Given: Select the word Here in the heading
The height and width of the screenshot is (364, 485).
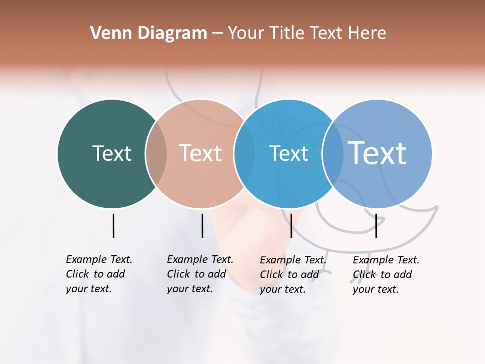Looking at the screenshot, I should [368, 33].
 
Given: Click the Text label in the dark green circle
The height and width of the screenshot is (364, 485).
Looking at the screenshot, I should [112, 153].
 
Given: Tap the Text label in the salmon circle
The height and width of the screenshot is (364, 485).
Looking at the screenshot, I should [201, 153].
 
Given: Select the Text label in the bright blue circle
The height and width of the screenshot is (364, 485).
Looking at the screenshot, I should [288, 154].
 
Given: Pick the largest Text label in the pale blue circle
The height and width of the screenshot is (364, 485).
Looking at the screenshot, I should [377, 153].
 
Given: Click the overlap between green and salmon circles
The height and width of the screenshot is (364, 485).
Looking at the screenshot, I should [156, 154].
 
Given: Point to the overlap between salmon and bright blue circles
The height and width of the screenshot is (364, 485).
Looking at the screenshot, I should [245, 154].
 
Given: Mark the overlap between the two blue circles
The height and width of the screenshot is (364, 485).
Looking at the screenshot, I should [332, 154].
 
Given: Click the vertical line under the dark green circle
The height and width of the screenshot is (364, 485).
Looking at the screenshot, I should [113, 225].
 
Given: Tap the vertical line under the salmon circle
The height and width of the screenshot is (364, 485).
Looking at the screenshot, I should [202, 225].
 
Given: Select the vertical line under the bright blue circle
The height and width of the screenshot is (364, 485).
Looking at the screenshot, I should [291, 225].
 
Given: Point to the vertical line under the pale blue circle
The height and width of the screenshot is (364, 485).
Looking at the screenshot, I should [376, 225].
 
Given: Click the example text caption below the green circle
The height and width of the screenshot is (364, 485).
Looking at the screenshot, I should [99, 274].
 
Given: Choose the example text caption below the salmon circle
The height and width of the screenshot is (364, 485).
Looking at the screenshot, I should [200, 274].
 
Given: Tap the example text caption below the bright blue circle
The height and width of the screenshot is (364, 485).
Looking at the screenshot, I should [293, 275].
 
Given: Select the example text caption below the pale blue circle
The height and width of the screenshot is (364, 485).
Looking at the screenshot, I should [385, 275].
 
